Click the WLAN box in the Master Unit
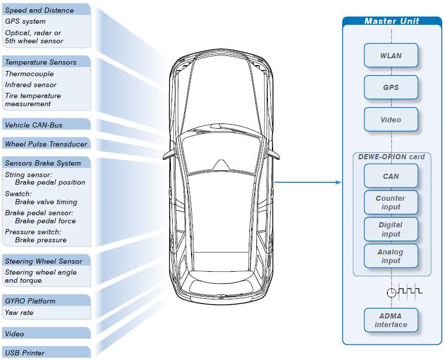click(x=391, y=55)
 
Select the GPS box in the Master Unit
click(x=391, y=88)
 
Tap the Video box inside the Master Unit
click(x=391, y=119)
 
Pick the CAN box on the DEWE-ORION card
click(x=391, y=176)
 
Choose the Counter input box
click(x=391, y=202)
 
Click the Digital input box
click(x=391, y=229)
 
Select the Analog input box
click(x=391, y=256)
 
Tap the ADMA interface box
click(x=391, y=320)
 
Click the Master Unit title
click(x=391, y=21)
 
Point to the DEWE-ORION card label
click(x=391, y=157)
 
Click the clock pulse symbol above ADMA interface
click(x=405, y=291)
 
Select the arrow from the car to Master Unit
click(x=308, y=182)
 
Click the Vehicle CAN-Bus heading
click(x=33, y=125)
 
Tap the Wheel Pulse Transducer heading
click(x=46, y=144)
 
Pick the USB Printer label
click(x=25, y=353)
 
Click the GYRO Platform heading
click(x=30, y=301)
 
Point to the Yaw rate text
click(x=19, y=313)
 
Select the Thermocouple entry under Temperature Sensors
click(x=29, y=74)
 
